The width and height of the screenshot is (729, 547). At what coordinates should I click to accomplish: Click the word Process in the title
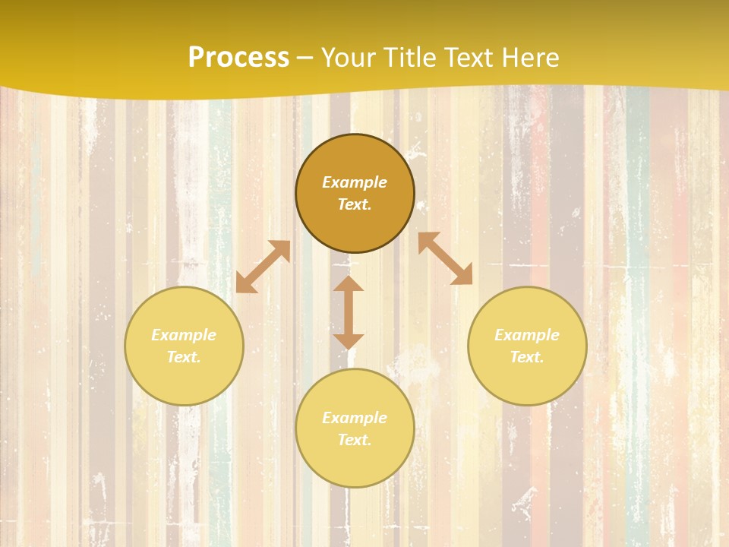(x=238, y=58)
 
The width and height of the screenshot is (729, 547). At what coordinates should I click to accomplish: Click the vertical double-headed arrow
(x=349, y=313)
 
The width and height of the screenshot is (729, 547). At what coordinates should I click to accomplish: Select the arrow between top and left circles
(x=263, y=267)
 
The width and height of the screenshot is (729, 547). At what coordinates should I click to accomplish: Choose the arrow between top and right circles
(x=446, y=258)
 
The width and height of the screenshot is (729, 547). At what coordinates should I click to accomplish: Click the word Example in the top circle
(x=355, y=182)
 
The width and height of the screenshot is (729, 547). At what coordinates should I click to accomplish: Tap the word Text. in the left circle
(x=184, y=357)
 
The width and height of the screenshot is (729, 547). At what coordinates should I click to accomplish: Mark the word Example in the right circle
(x=527, y=335)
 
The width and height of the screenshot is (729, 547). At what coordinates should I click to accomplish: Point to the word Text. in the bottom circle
(x=355, y=440)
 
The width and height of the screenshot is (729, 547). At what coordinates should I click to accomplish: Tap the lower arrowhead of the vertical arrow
(x=349, y=341)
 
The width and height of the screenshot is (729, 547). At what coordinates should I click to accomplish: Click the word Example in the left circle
(x=184, y=335)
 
